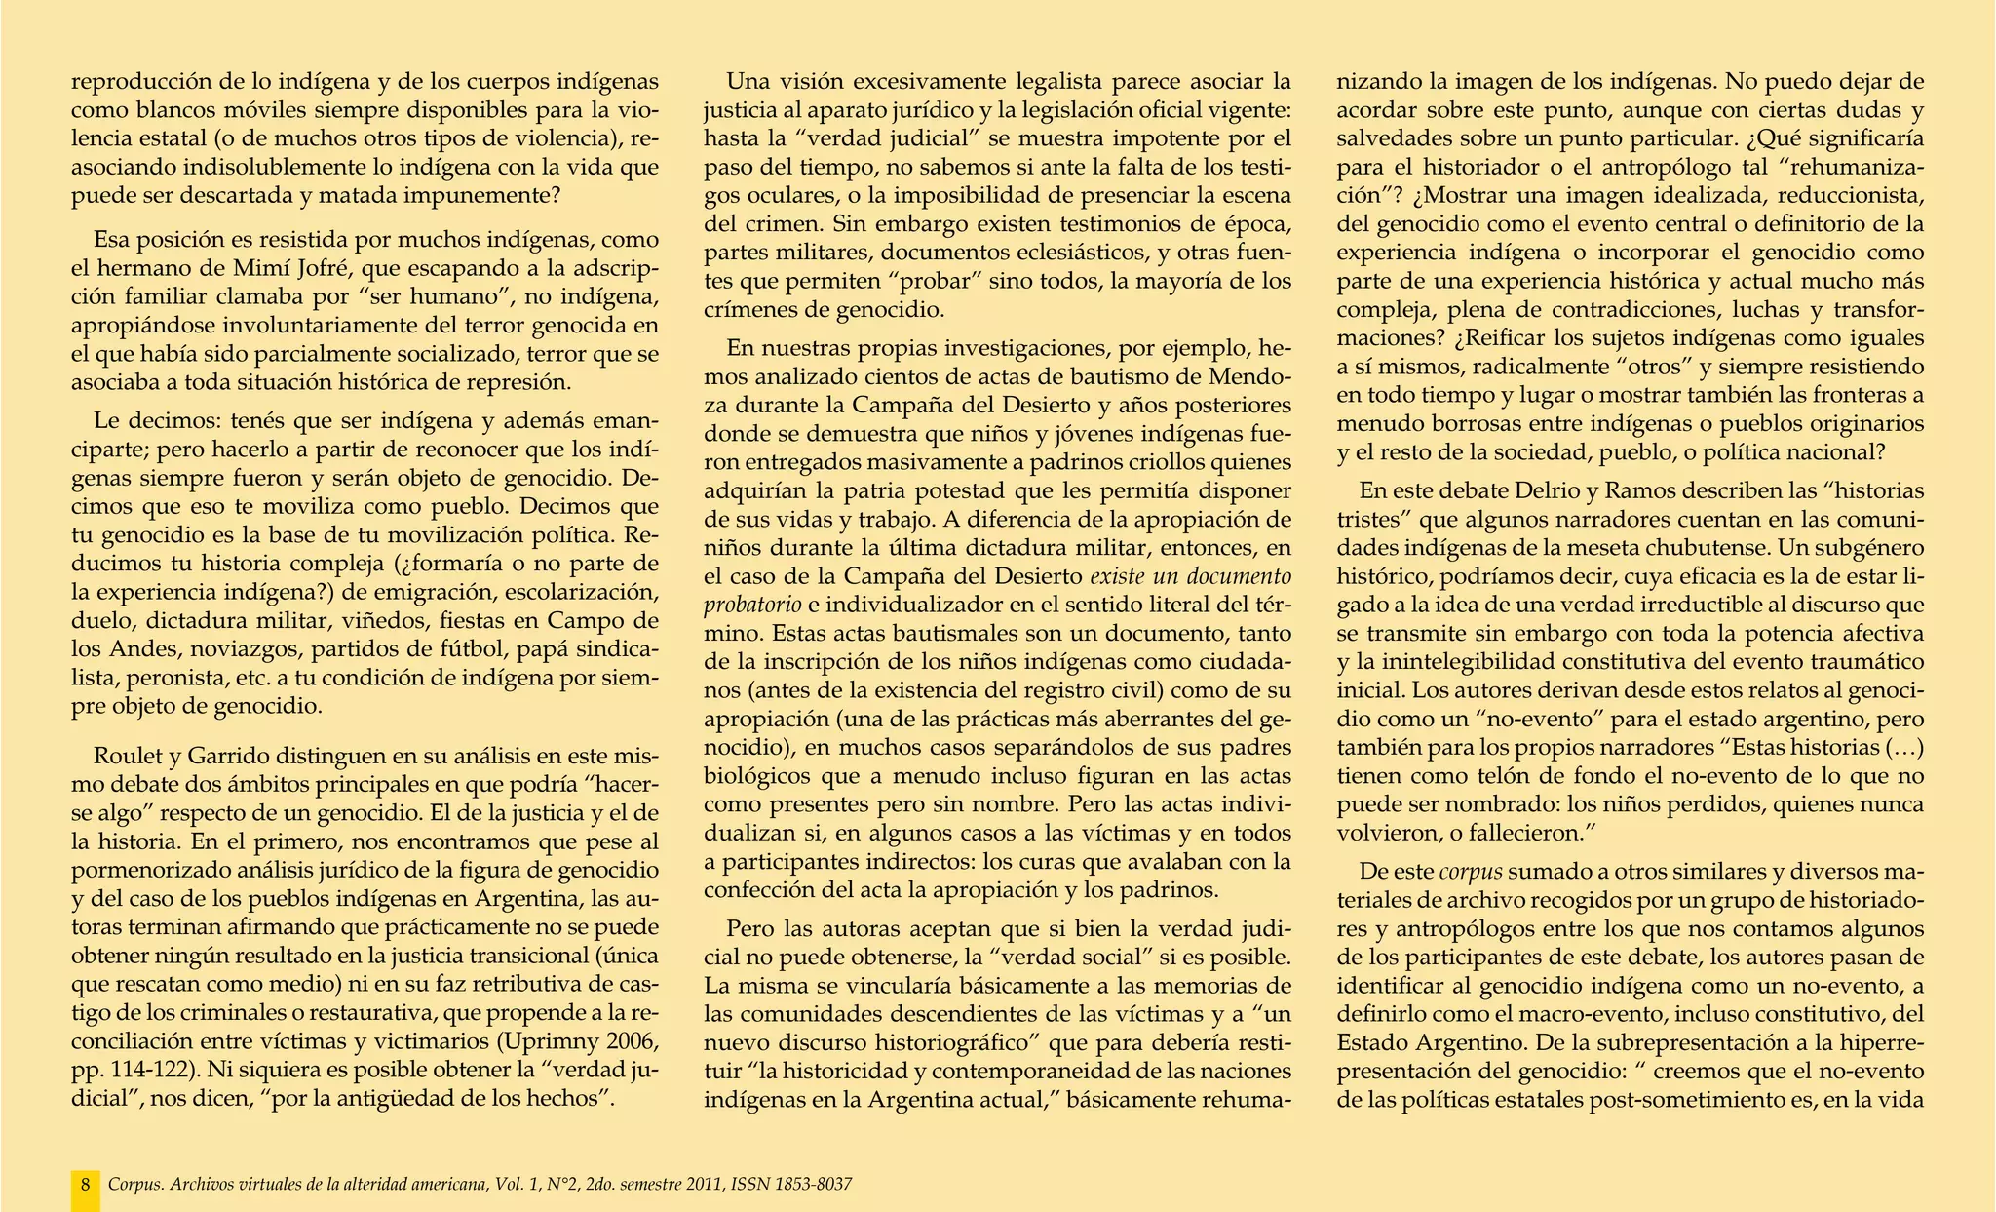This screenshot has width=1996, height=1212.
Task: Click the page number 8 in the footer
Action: click(x=86, y=1185)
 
